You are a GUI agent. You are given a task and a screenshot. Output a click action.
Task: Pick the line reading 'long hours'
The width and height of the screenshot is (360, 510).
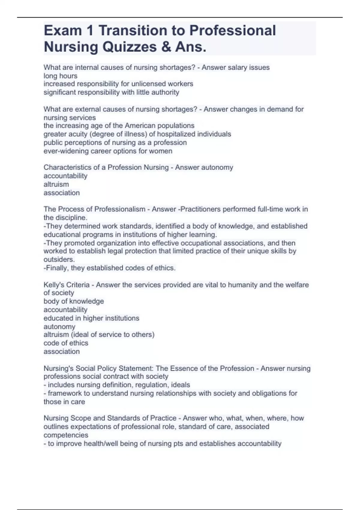[60, 76]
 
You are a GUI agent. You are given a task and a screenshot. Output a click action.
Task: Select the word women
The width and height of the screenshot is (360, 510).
[163, 151]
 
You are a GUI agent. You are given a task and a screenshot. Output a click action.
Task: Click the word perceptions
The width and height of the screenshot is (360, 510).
[81, 143]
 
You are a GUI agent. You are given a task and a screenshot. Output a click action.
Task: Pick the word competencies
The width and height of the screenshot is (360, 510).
[66, 435]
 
